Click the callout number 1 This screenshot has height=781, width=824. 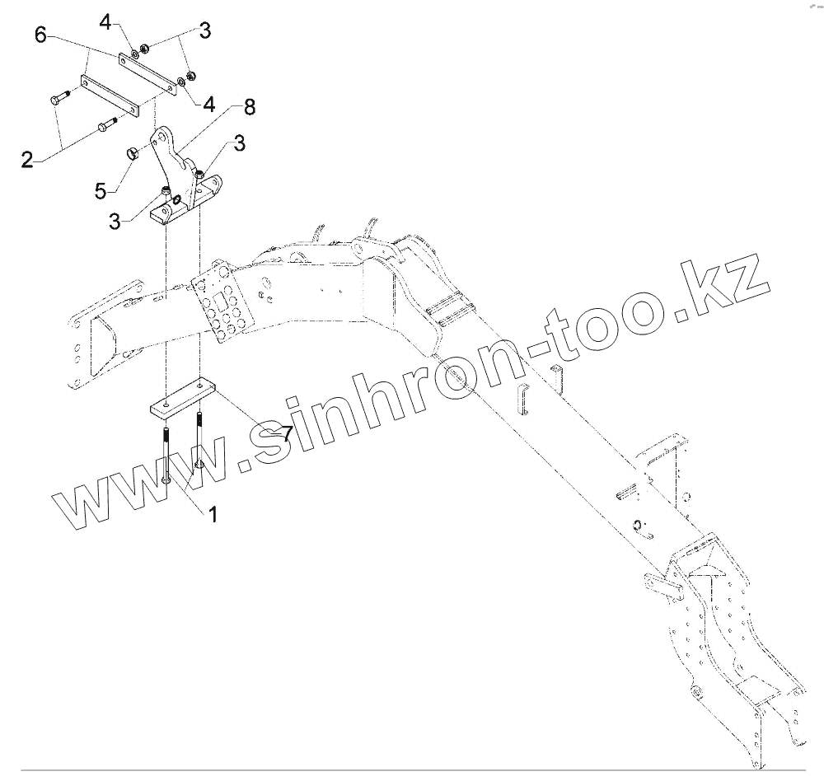213,515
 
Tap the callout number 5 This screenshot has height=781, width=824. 101,190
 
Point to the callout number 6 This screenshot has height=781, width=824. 41,35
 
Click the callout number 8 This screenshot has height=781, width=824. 249,106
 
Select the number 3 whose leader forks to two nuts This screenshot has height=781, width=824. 204,31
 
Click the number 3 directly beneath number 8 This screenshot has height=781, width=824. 239,144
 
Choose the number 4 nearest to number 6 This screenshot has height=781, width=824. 105,21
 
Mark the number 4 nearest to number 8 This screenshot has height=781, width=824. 209,105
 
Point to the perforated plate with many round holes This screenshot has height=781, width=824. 222,305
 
